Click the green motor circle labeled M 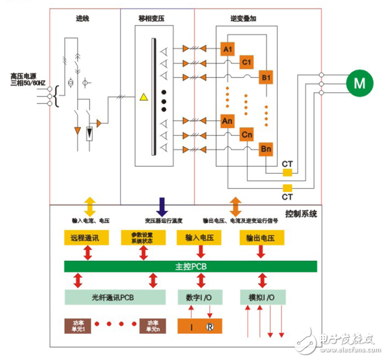358,82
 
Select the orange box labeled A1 228,49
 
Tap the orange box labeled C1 247,62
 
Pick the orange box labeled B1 266,77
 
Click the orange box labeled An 228,121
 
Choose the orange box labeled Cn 247,135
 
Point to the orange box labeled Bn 266,150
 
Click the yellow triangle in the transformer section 144,97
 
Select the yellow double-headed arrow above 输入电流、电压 90,206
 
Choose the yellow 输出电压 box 261,238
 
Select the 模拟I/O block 261,296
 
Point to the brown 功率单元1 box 78,325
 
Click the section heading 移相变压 157,20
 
